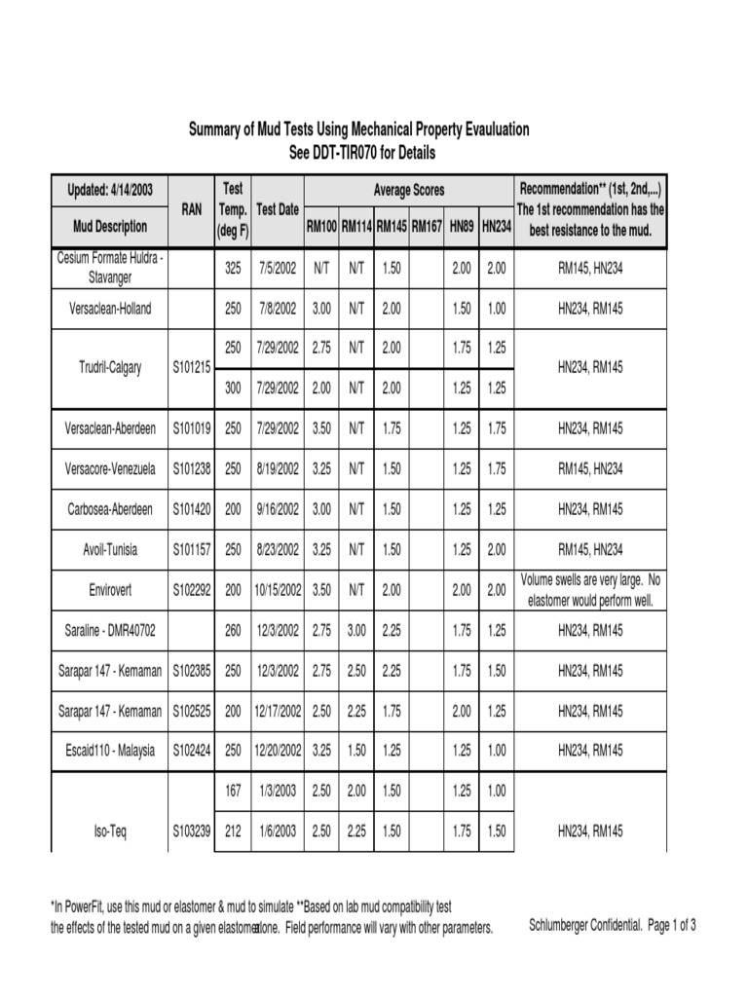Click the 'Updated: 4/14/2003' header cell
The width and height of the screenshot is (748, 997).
pyautogui.click(x=110, y=190)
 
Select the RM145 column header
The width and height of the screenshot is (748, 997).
pyautogui.click(x=392, y=226)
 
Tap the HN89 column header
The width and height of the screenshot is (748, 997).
pyautogui.click(x=462, y=226)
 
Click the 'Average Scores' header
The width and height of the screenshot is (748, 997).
pyautogui.click(x=409, y=190)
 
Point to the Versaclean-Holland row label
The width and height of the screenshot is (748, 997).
pyautogui.click(x=110, y=308)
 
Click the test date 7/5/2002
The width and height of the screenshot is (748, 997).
pyautogui.click(x=278, y=268)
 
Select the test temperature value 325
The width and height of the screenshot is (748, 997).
pyautogui.click(x=233, y=268)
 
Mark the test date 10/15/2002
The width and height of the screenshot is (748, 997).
pyautogui.click(x=278, y=590)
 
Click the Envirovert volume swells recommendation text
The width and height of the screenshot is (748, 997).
pyautogui.click(x=590, y=590)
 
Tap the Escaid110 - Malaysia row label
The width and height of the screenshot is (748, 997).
pyautogui.click(x=110, y=751)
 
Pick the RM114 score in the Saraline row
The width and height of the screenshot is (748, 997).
pyautogui.click(x=356, y=630)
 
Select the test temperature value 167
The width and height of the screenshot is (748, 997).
pyautogui.click(x=233, y=792)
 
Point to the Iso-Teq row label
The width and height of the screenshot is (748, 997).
pyautogui.click(x=110, y=831)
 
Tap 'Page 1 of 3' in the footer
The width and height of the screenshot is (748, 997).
pyautogui.click(x=671, y=926)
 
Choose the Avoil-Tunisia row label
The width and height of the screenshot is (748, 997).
pyautogui.click(x=110, y=549)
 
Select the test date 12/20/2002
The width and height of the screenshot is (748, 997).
pyautogui.click(x=278, y=751)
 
